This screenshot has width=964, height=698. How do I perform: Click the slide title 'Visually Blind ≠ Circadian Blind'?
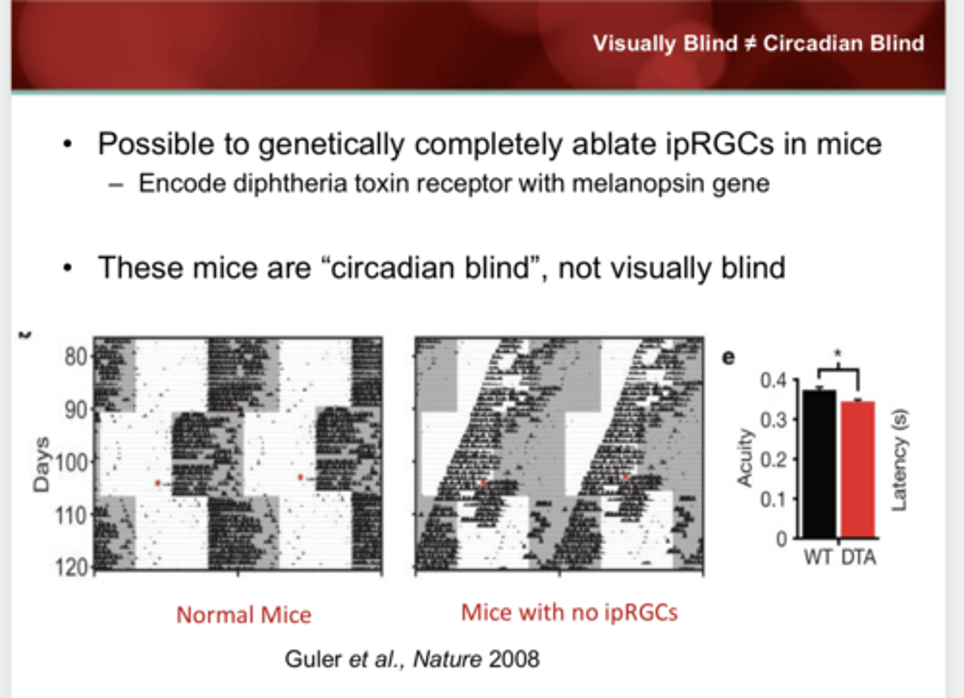(x=758, y=44)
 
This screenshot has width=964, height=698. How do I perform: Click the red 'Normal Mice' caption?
(x=244, y=615)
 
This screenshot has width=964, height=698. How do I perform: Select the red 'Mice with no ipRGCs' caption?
(x=569, y=612)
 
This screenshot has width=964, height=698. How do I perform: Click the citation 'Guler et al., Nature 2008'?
(x=412, y=659)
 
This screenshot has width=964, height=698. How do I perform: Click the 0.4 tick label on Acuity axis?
(x=773, y=380)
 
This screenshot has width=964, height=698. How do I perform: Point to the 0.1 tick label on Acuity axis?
(x=773, y=500)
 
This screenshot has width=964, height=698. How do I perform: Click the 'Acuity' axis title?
(x=744, y=458)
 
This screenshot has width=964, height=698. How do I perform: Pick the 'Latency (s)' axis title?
(x=899, y=460)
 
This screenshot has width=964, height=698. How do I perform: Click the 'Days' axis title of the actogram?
(x=42, y=464)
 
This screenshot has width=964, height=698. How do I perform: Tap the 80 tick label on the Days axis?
(x=75, y=356)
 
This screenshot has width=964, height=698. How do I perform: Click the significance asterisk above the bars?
(x=837, y=353)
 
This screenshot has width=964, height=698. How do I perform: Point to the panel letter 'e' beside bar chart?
(x=728, y=357)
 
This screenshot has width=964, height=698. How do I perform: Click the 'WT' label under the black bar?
(x=817, y=557)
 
